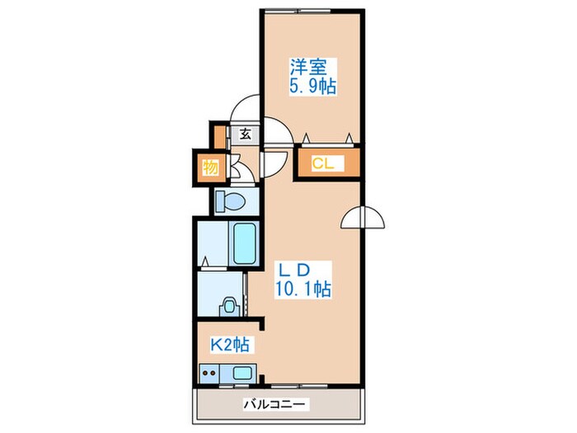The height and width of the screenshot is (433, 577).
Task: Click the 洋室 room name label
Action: [308, 67]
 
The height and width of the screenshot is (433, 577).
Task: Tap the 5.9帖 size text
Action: [312, 87]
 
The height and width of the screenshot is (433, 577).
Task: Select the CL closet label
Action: [323, 163]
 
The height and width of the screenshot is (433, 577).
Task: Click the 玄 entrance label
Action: [246, 134]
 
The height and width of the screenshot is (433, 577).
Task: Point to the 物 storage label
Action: [210, 168]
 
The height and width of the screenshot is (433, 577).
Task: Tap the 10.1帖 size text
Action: [303, 289]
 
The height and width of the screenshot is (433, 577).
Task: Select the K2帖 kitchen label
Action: [230, 345]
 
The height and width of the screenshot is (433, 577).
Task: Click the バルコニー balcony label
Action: [274, 405]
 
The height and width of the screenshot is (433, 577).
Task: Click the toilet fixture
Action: [230, 201]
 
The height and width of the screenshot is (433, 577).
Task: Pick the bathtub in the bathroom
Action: [245, 243]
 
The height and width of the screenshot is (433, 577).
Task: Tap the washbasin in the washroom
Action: [229, 307]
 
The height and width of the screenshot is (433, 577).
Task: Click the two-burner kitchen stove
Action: [209, 373]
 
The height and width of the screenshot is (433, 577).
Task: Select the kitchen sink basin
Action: [242, 373]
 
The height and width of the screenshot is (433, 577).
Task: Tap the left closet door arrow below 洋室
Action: [306, 138]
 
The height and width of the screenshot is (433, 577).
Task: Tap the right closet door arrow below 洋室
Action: [349, 138]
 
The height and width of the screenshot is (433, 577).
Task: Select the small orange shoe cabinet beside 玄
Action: [220, 137]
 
